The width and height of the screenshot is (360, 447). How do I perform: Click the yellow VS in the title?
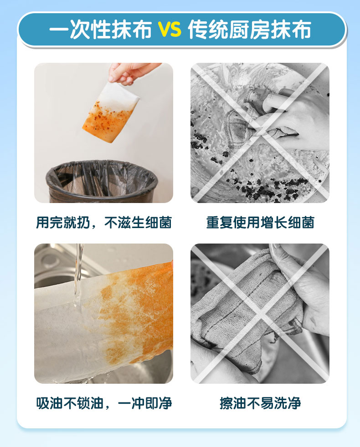pyautogui.click(x=170, y=30)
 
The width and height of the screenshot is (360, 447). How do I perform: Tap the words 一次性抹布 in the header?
pyautogui.click(x=100, y=30)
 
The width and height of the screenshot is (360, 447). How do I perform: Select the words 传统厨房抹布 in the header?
pyautogui.click(x=250, y=30)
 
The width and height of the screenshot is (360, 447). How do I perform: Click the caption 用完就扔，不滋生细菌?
pyautogui.click(x=103, y=222)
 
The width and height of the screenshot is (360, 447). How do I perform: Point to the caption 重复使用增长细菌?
pyautogui.click(x=260, y=222)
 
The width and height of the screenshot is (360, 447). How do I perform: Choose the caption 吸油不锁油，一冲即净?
pyautogui.click(x=104, y=403)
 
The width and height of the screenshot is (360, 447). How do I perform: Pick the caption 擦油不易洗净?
pyautogui.click(x=260, y=403)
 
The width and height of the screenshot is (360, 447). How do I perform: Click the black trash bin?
pyautogui.click(x=102, y=181)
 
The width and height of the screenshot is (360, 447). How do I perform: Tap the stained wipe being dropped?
pyautogui.click(x=111, y=112)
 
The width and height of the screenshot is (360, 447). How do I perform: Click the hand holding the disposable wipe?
pyautogui.click(x=132, y=73)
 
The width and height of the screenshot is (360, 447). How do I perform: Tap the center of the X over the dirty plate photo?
pyautogui.click(x=260, y=133)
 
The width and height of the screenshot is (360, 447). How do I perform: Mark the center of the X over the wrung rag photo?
pyautogui.click(x=260, y=314)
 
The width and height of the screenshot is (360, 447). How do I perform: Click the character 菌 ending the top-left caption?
pyautogui.click(x=165, y=222)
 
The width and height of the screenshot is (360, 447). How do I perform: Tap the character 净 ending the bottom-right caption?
pyautogui.click(x=294, y=403)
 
